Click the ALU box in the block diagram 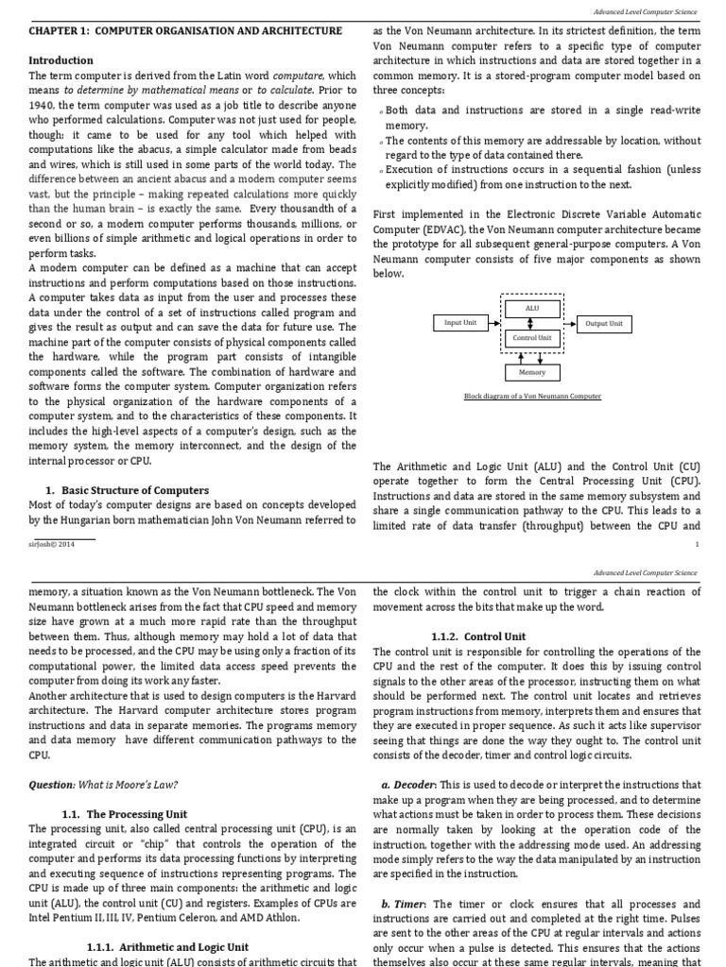coord(532,308)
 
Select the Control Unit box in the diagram coord(532,337)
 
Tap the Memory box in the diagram coord(532,373)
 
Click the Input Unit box coord(460,323)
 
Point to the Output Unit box coord(604,323)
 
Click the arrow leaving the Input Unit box coord(493,323)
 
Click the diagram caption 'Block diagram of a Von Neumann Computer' coord(532,397)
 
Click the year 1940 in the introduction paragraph coord(44,107)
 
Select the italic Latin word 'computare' coord(297,76)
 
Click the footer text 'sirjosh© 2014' coord(50,545)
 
